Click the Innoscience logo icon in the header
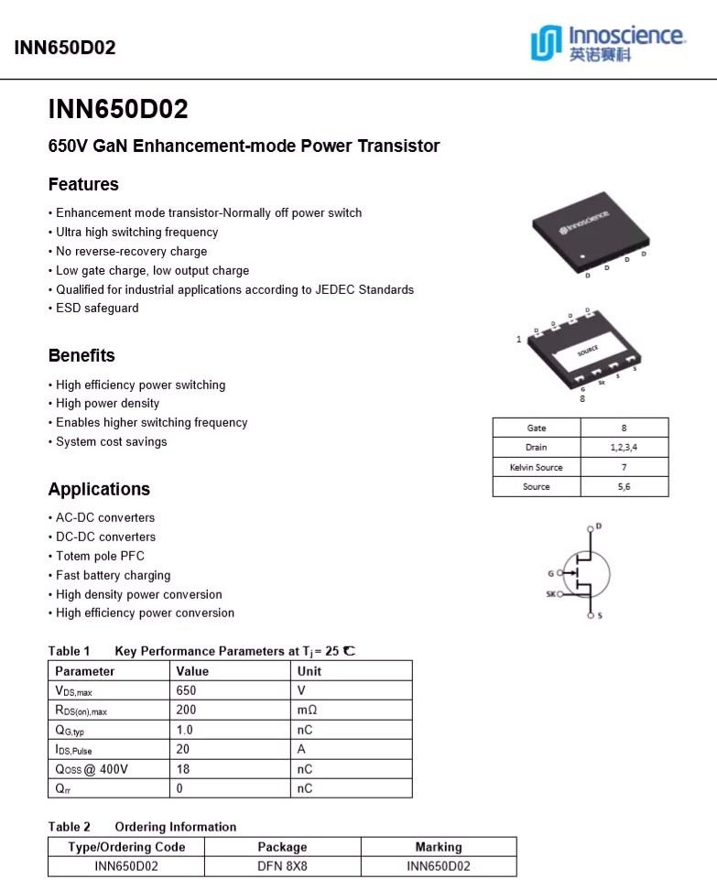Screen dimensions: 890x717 click(x=547, y=43)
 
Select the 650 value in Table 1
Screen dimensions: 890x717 click(x=187, y=690)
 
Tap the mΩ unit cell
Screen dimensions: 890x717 click(x=308, y=710)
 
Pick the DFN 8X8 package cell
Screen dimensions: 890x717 click(x=282, y=866)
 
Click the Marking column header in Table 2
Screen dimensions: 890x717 click(x=439, y=847)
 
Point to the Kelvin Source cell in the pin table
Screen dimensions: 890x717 click(x=537, y=467)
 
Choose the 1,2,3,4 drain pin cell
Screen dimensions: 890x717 click(x=624, y=448)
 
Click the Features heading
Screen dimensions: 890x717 click(x=83, y=184)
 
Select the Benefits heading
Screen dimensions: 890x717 click(x=81, y=355)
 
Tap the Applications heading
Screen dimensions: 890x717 click(x=99, y=489)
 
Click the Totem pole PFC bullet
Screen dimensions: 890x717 click(x=100, y=556)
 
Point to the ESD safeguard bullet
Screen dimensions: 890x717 click(x=97, y=309)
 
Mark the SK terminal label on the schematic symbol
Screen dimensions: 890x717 click(x=551, y=593)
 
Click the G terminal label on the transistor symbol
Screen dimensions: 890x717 click(x=551, y=573)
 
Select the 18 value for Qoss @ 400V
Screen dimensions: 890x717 click(x=183, y=769)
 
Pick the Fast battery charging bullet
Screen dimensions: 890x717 click(x=113, y=575)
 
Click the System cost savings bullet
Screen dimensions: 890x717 click(x=111, y=441)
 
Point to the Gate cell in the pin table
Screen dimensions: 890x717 click(x=537, y=428)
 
